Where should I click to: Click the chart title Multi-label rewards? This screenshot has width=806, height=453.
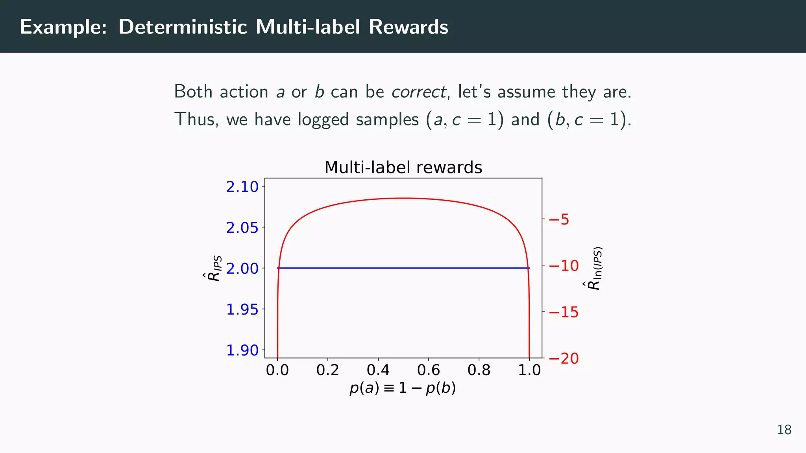point(403,168)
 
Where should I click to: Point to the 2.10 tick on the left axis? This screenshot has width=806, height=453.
point(242,187)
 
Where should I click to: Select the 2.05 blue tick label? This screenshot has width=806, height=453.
point(242,228)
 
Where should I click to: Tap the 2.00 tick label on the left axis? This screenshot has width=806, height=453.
point(242,269)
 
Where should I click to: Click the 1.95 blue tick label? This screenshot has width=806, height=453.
point(242,310)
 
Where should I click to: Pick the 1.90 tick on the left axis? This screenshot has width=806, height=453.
point(242,350)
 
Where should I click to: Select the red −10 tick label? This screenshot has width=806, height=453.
point(564,266)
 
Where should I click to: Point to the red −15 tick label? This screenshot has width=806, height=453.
point(564,312)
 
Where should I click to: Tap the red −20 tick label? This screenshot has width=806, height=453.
point(564,358)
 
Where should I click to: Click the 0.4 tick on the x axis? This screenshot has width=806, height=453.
point(378,370)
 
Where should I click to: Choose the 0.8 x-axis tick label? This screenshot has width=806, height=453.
point(479,370)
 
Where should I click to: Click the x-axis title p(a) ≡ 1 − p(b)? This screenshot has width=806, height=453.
point(403,388)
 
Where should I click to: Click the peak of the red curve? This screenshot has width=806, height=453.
point(403,198)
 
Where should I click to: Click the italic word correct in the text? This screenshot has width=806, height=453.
point(418,92)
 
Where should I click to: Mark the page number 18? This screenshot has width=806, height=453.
point(784,430)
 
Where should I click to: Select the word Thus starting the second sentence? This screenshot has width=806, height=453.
point(196,119)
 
